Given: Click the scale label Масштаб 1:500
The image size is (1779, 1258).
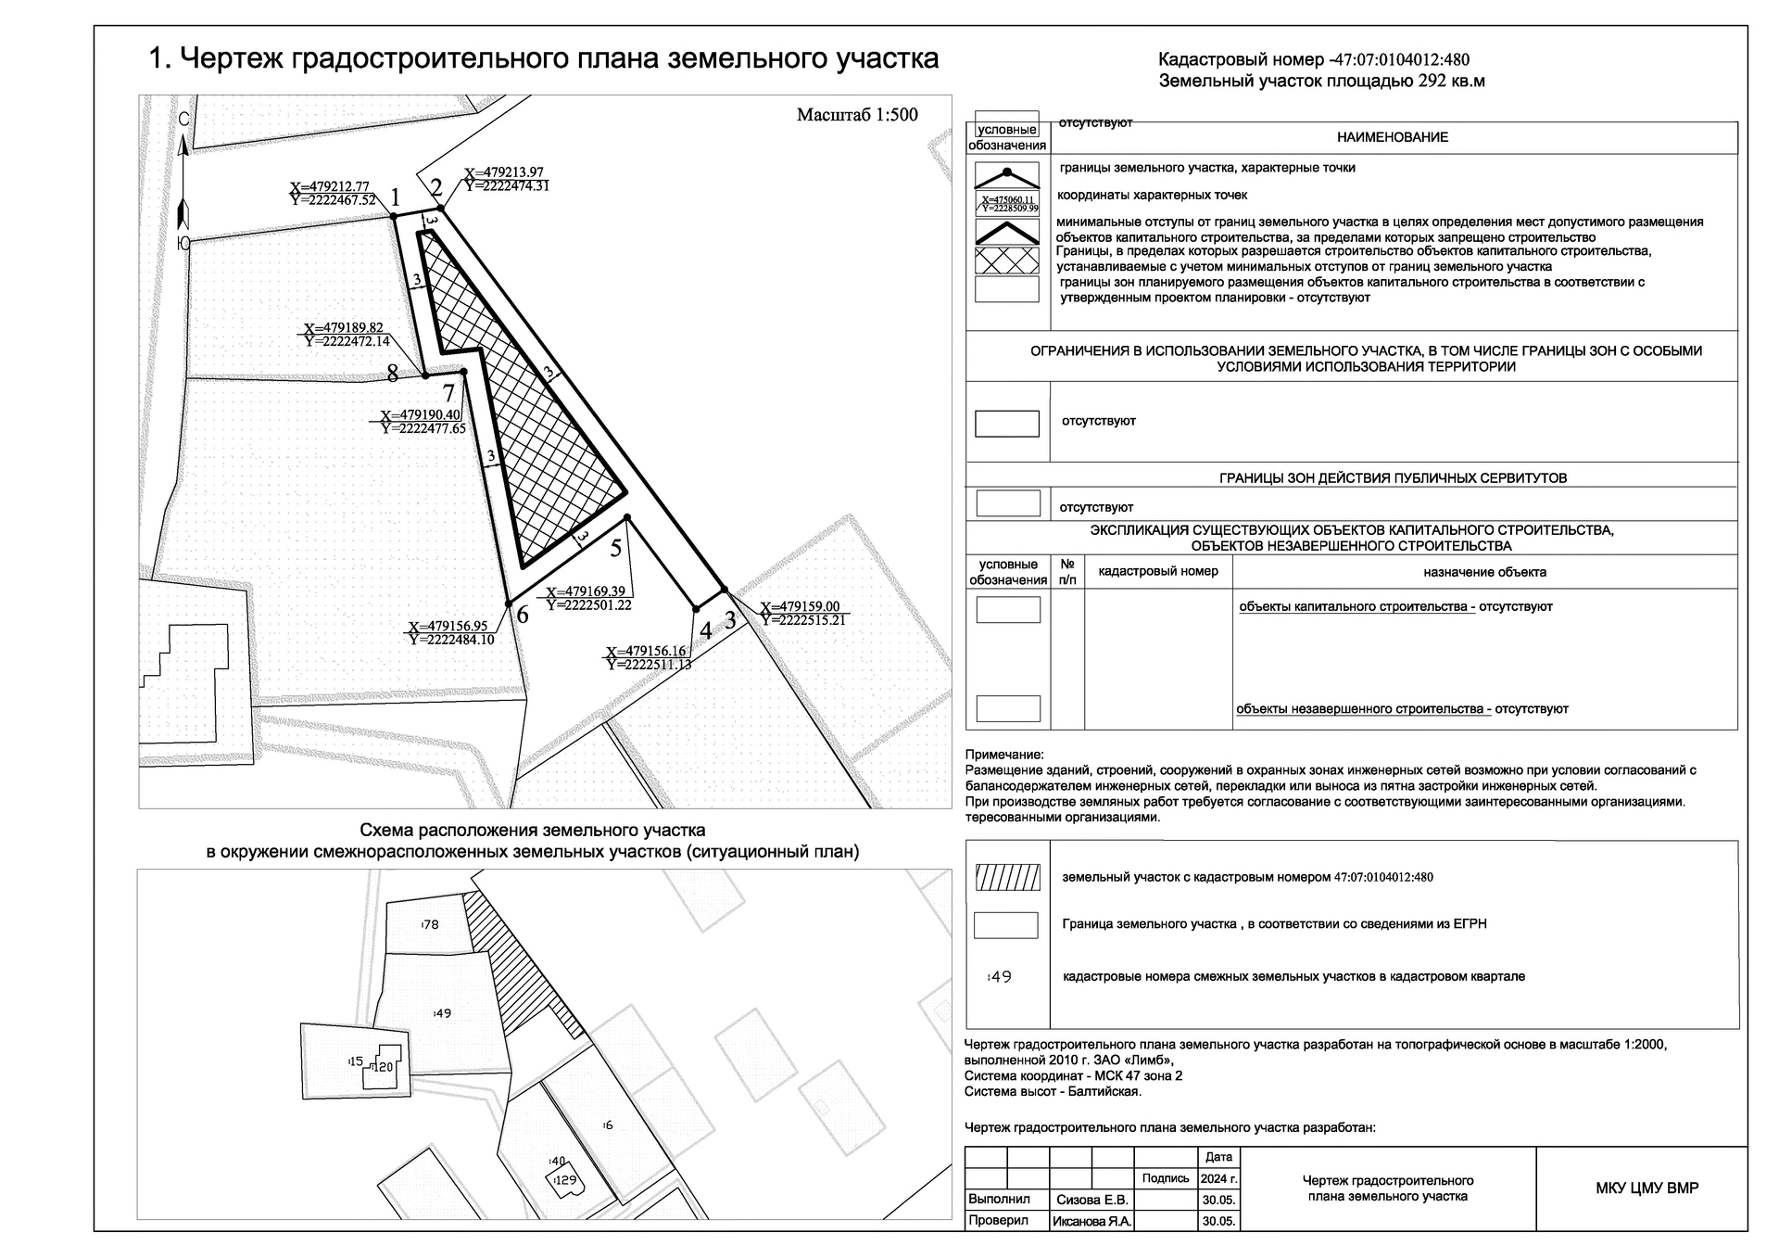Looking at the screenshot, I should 857,115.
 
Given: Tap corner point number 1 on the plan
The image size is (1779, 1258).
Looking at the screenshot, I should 393,216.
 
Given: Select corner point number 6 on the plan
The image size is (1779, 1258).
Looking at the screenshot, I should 509,604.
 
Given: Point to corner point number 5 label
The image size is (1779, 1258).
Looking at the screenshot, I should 616,548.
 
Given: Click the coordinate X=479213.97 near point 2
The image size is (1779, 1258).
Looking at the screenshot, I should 504,172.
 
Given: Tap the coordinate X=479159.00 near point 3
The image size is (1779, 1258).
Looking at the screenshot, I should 801,607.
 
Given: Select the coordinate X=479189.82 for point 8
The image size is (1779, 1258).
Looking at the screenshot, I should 344,328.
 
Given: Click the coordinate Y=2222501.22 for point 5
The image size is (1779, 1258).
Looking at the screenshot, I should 589,604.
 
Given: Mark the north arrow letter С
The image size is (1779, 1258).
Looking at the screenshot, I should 183,120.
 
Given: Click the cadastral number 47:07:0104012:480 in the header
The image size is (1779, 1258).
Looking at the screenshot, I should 1401,60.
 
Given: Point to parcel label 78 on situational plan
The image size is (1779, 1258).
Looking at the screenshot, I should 430,924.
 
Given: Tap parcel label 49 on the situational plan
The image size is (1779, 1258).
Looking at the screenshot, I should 443,1013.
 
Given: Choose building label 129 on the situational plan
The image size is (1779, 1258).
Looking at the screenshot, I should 565,1180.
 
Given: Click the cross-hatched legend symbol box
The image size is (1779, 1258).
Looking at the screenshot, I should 1007,260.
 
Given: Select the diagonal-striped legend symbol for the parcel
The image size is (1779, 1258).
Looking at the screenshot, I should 1007,877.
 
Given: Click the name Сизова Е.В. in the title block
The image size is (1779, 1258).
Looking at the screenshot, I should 1091,1199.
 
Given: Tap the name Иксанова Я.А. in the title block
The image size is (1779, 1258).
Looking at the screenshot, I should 1091,1221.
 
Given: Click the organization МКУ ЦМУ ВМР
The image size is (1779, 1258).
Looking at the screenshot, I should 1647,1188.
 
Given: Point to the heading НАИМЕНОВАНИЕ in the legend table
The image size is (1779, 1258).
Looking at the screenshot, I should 1392,137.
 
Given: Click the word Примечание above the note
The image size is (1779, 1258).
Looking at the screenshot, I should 1004,755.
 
